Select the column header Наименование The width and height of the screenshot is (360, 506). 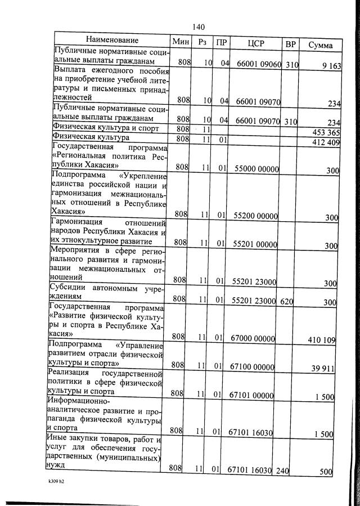point(112,41)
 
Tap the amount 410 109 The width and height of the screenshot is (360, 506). point(322,339)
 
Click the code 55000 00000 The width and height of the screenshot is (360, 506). point(255,168)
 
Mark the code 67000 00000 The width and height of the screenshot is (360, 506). point(253,338)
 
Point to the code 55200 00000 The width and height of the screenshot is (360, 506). point(255,215)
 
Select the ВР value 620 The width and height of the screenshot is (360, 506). point(287,302)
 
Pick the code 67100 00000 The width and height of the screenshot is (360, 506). point(253,366)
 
